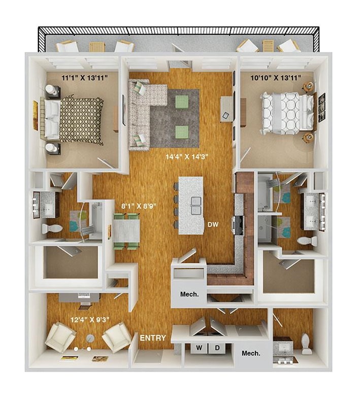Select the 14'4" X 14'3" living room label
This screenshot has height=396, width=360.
pos(183,157)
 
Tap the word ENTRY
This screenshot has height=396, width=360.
pos(153,338)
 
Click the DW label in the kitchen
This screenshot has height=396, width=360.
pos(212,224)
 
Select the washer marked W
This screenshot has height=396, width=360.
pos(199,349)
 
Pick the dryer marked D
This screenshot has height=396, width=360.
pos(216,349)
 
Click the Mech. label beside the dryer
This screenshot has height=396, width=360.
pos(251,353)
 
